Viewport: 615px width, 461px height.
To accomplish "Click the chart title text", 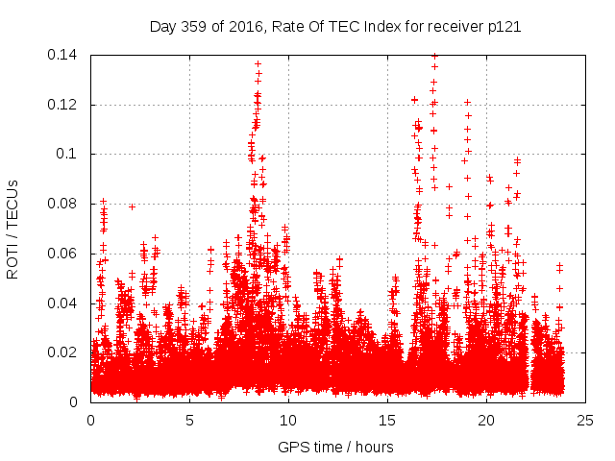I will point(335,26).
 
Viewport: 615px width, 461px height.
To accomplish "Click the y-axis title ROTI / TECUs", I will point(13,229).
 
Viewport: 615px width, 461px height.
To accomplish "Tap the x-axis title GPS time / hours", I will point(335,447).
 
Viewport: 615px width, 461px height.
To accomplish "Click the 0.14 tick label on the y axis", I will point(66,55).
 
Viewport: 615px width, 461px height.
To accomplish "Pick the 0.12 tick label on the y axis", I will point(66,105).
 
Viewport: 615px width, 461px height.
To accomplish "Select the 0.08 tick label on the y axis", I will point(66,204).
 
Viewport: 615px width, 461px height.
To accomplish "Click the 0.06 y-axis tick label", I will point(66,254).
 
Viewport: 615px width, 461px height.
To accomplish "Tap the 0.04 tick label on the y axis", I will point(66,303).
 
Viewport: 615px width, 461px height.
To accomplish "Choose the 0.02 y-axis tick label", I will point(66,352).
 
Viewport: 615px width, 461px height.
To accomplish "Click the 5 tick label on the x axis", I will point(189,420).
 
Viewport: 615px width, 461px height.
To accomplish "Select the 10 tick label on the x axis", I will point(288,420).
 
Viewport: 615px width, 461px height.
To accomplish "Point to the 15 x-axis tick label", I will point(387,420).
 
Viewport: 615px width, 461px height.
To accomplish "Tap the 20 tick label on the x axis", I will point(486,420).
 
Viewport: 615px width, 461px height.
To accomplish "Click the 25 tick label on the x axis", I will point(585,420).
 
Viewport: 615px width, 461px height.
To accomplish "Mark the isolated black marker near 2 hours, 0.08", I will point(132,206).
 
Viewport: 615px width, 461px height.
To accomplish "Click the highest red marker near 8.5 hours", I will point(258,63).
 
